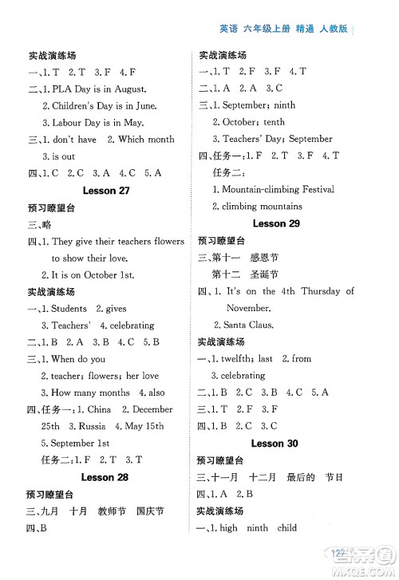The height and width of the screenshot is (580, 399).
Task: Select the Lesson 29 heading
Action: [x=275, y=224]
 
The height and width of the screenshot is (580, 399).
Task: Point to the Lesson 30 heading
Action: [x=275, y=443]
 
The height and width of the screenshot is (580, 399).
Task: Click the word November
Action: [x=248, y=307]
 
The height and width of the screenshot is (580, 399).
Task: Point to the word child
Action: [x=287, y=527]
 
